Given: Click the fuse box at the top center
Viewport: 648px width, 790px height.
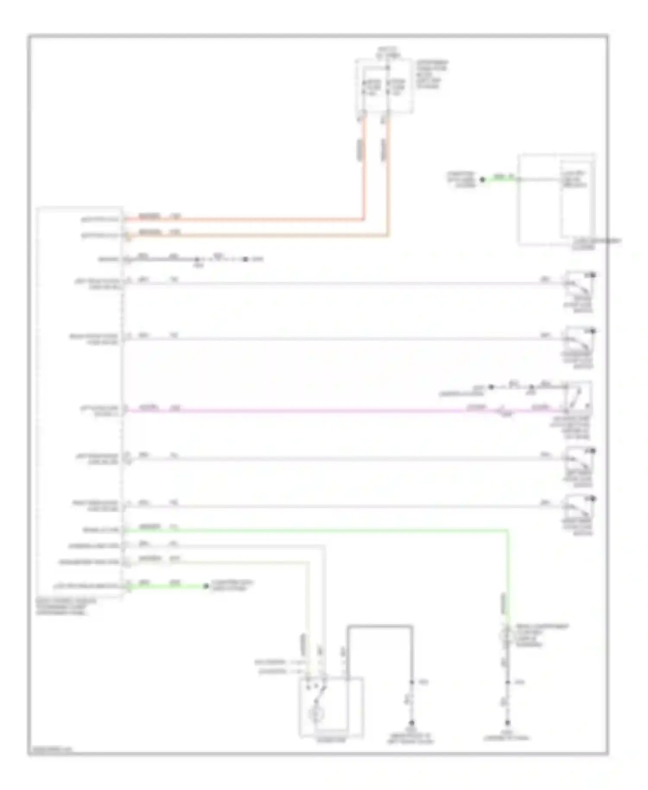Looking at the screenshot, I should coord(384,86).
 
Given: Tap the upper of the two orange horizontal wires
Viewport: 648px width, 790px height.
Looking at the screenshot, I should coord(242,220).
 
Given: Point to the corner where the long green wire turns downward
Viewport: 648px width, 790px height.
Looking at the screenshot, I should coord(508,530).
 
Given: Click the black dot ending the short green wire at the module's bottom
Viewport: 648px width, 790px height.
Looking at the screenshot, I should coord(206,586).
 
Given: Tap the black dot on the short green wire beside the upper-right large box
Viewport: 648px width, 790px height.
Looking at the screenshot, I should coord(483,179).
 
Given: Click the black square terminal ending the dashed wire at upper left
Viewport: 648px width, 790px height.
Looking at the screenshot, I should coord(245,259).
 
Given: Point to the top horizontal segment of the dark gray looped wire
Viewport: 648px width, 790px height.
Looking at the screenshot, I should coord(379,625).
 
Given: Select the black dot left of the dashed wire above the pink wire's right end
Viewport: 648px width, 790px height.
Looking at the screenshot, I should coord(491,387).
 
